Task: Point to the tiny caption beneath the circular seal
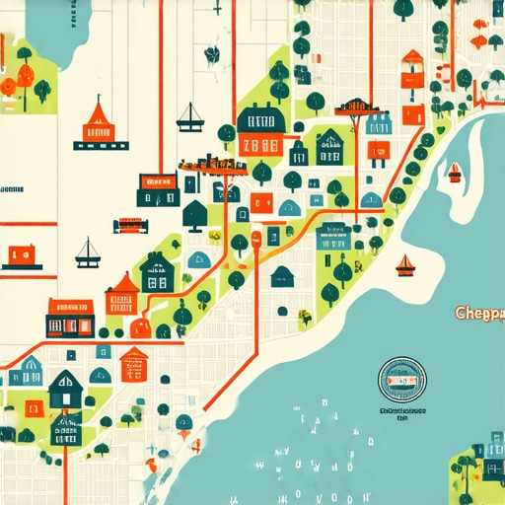click(402, 411)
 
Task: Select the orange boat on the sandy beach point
click(404, 264)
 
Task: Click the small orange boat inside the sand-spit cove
click(454, 173)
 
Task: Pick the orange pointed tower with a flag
click(97, 119)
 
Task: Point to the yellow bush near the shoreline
click(305, 317)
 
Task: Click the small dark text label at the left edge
click(12, 187)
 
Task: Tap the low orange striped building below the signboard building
click(130, 225)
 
